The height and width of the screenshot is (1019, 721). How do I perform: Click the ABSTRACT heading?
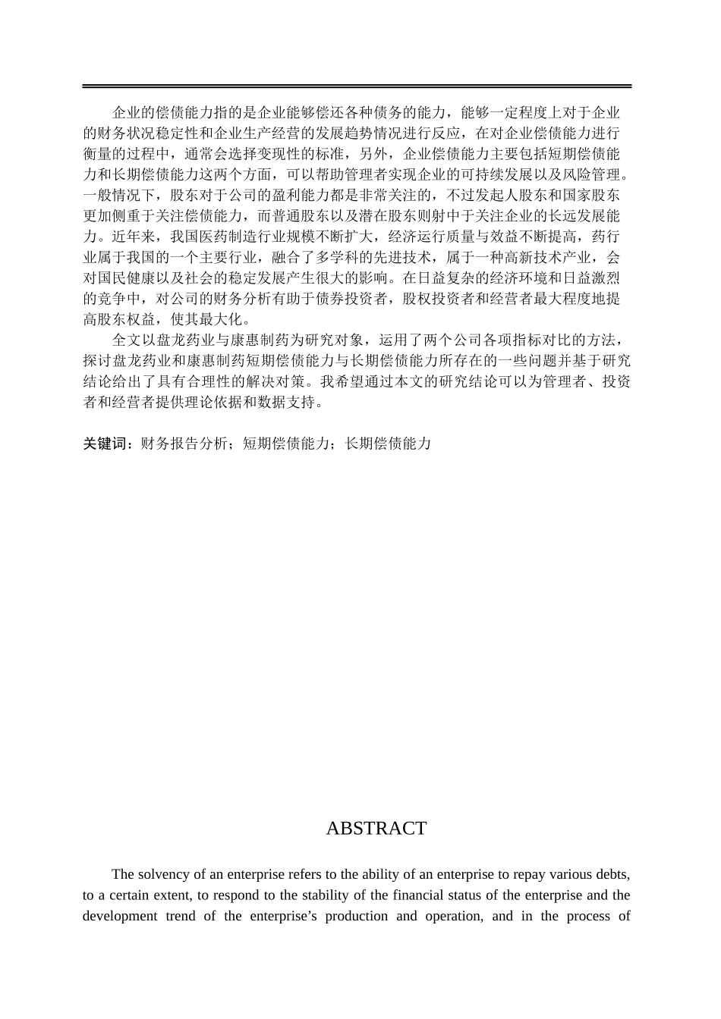click(376, 829)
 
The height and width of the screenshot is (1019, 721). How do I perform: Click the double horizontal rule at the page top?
click(357, 86)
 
